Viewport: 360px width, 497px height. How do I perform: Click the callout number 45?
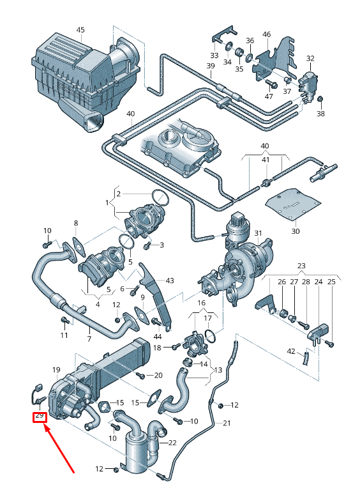80,30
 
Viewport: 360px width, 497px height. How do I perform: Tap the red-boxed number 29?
40,416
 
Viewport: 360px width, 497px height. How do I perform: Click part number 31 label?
258,233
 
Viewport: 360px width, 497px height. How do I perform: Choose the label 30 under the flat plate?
295,231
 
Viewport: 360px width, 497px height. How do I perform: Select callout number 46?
266,34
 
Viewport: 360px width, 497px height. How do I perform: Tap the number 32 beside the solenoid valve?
310,59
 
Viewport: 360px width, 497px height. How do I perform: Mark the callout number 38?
320,114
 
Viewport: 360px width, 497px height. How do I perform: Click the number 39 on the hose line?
211,66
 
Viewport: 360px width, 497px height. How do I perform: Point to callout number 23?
301,266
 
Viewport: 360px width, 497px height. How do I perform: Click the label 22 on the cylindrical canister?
172,443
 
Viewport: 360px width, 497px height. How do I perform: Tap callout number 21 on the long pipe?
225,423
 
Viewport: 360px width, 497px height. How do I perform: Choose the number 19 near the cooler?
56,370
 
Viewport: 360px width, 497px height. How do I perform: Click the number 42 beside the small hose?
291,351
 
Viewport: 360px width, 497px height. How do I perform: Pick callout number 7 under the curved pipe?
89,339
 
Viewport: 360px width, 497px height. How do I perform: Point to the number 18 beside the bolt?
157,347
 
